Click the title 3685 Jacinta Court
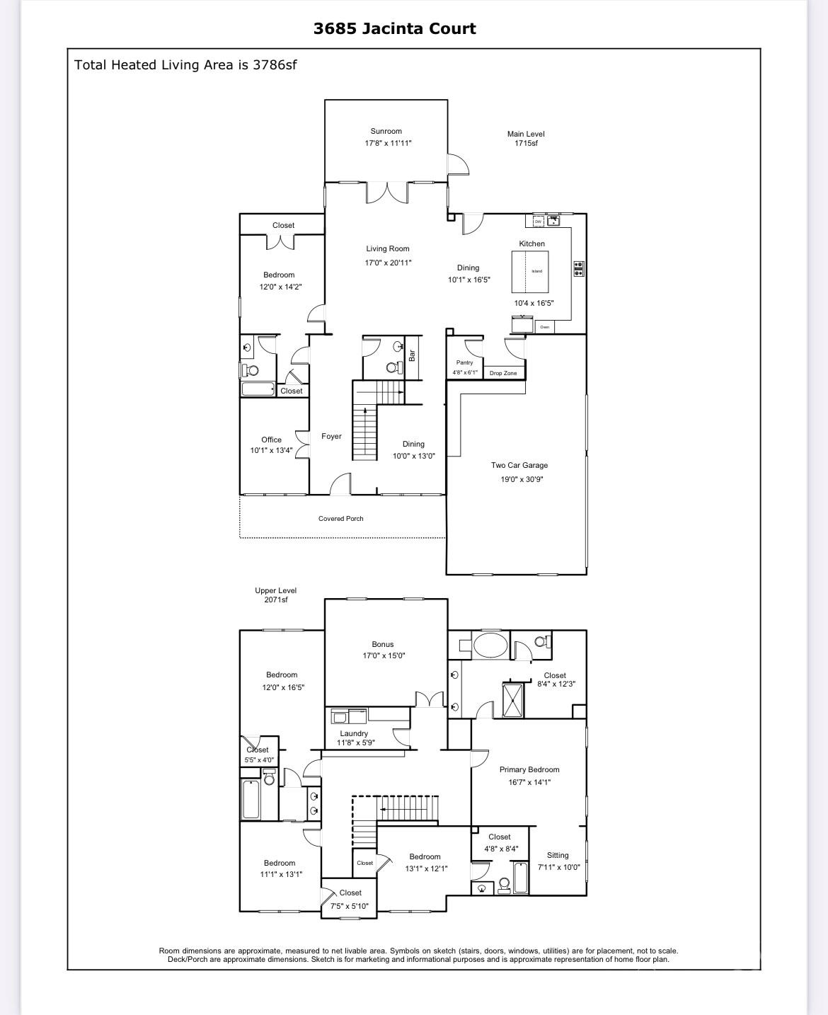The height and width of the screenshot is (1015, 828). click(394, 29)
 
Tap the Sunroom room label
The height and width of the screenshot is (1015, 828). click(386, 131)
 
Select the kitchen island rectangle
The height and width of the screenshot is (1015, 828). click(530, 272)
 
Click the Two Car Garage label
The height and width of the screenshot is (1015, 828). click(519, 466)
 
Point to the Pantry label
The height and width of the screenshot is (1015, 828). click(464, 362)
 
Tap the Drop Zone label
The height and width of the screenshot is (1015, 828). click(503, 373)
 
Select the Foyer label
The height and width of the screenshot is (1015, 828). click(331, 437)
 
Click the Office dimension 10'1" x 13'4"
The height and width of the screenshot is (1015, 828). click(271, 451)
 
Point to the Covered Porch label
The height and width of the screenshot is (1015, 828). click(340, 519)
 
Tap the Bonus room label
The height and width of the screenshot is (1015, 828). click(383, 644)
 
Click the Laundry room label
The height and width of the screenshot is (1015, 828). click(354, 733)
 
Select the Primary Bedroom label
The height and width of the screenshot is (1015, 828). click(529, 769)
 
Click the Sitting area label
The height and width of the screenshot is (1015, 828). click(558, 855)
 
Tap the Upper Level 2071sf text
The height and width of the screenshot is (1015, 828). click(275, 595)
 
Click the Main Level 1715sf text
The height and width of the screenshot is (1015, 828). click(526, 138)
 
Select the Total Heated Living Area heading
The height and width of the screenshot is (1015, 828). click(185, 65)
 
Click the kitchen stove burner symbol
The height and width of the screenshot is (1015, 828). click(578, 268)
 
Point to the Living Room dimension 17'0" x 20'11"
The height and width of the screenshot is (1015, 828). click(388, 263)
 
